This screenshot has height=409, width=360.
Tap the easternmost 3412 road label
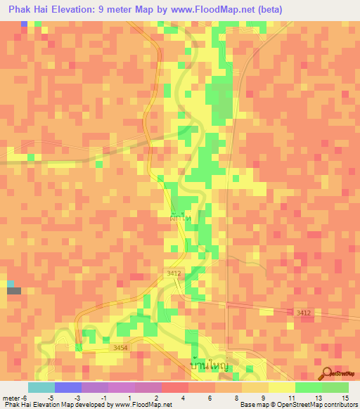[x=304, y=312]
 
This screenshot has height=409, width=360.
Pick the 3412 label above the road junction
[x=174, y=273]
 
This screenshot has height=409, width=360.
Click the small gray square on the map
[x=14, y=290]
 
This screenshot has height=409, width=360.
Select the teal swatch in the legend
[x=41, y=387]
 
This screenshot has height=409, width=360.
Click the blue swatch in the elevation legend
[x=67, y=387]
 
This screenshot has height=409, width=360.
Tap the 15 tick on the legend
[x=345, y=398]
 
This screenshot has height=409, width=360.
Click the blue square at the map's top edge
[x=24, y=23]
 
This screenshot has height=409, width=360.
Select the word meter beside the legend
[x=10, y=398]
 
